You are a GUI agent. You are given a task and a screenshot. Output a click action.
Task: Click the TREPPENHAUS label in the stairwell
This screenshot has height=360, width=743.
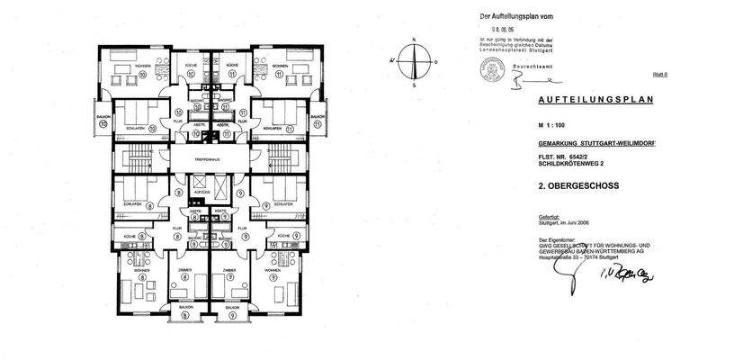(210, 160)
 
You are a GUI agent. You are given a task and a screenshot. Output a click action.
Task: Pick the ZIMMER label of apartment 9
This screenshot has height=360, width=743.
(230, 269)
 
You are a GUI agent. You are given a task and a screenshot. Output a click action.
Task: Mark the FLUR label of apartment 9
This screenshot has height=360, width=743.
(240, 229)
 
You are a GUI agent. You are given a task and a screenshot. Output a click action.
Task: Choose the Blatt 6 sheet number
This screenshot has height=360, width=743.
(658, 79)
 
